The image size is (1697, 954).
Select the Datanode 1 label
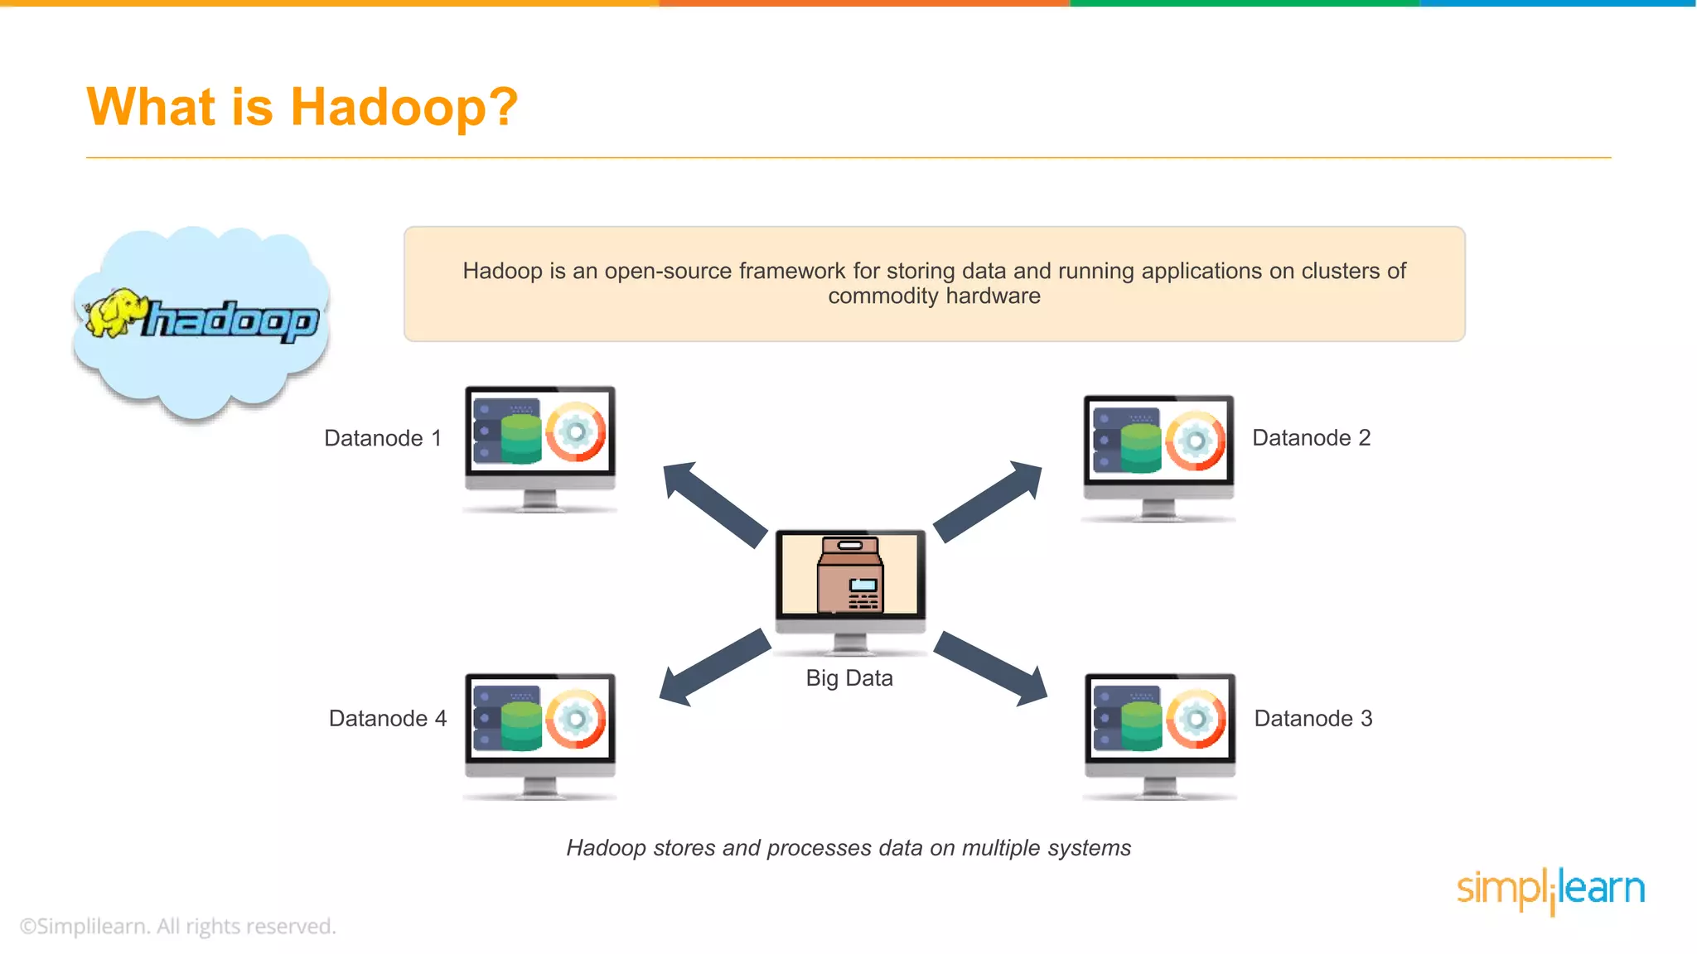[383, 438]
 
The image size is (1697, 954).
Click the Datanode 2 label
[1311, 438]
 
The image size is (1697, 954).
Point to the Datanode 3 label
[1313, 719]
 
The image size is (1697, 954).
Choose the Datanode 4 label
[388, 719]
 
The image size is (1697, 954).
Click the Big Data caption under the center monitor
[849, 678]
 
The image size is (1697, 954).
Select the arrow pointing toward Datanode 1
[713, 503]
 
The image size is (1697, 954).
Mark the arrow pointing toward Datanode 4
[713, 668]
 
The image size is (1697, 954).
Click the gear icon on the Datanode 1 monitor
[576, 431]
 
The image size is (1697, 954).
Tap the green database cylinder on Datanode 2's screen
[1141, 447]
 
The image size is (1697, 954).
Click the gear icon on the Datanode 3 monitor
[1196, 718]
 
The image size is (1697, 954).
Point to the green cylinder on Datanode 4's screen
[521, 725]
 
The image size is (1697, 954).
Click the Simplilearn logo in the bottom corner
[1550, 890]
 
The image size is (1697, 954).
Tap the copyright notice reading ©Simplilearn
[178, 926]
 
